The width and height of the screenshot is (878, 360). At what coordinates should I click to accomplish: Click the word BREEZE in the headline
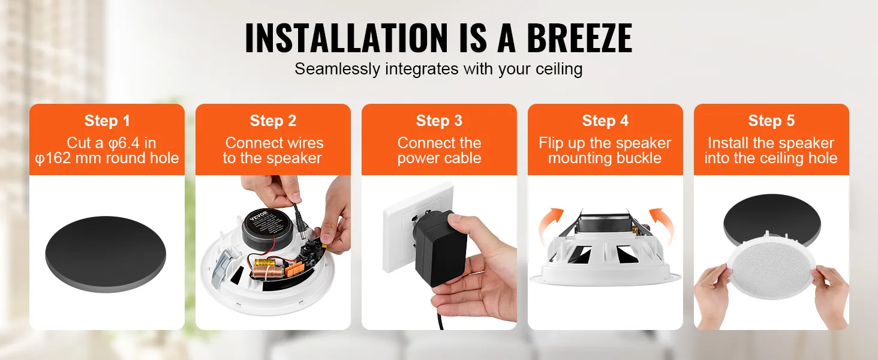579,38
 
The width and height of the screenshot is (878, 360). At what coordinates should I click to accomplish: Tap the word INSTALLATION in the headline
346,38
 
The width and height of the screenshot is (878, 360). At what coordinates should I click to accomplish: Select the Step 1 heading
107,121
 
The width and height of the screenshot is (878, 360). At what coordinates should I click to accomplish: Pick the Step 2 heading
273,121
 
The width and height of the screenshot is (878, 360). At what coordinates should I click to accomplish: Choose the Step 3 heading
439,121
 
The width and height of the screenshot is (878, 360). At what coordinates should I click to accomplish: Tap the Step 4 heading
605,121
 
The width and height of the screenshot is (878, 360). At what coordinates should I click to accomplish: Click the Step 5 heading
771,121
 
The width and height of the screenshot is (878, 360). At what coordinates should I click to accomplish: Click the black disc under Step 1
106,254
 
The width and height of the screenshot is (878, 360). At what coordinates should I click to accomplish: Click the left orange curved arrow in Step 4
549,225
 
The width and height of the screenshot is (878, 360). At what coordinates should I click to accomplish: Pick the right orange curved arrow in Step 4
663,225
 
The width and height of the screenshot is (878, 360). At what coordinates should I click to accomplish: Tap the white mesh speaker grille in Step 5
771,268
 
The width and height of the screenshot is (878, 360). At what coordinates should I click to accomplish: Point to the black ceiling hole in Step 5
771,215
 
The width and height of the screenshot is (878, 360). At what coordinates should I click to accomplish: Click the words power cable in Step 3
439,158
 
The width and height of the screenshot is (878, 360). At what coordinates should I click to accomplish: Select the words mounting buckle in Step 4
605,158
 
